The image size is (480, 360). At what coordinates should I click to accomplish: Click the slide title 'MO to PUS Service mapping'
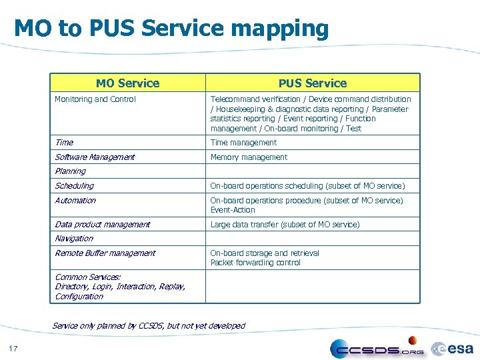coord(171,29)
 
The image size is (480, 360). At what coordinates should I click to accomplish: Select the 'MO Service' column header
coord(127,83)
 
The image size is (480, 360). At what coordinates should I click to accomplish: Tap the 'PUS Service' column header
coord(313,83)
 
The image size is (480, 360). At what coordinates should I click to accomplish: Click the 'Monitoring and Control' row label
coord(95,99)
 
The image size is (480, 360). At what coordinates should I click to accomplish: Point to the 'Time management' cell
coord(243,143)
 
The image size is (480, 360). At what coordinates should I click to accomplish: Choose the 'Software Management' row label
coord(95,157)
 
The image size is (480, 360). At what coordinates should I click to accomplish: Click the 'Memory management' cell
coord(249,157)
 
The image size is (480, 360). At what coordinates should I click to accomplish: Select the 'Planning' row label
coord(70,171)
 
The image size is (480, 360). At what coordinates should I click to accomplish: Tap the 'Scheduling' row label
coord(74,186)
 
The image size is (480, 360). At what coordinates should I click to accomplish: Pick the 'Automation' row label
coord(75,201)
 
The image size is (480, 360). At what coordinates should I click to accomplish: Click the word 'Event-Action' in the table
coord(233,210)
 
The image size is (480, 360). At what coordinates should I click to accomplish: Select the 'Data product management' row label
coord(102,225)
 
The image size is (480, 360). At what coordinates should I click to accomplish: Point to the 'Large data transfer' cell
coord(285,225)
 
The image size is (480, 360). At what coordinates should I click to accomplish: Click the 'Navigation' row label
coord(74,239)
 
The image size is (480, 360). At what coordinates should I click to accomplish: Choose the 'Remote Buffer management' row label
coord(105,253)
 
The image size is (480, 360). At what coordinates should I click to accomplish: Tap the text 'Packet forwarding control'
coord(255,263)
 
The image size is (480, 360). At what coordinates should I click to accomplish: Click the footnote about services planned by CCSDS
coord(149,326)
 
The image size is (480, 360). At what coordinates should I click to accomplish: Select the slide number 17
coord(13,349)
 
